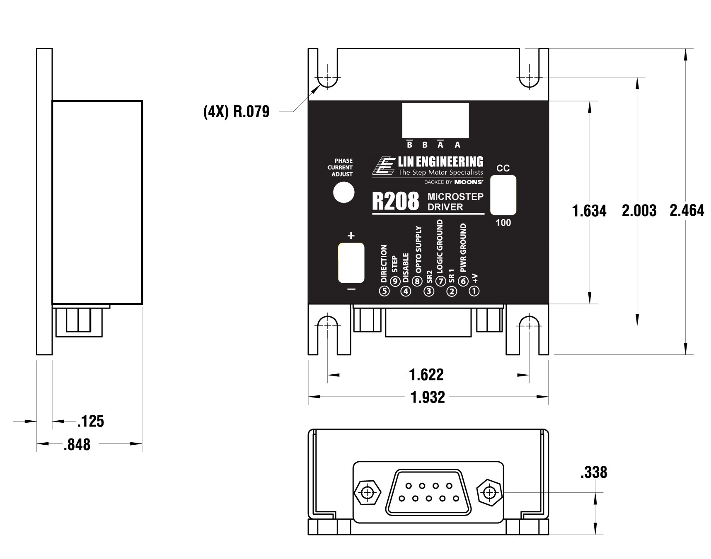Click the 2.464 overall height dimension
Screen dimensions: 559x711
coord(687,210)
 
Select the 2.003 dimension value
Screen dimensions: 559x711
coord(639,210)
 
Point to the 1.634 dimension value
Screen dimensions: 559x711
coord(589,211)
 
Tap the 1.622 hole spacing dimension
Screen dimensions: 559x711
coord(426,375)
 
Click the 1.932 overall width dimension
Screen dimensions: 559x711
coord(428,398)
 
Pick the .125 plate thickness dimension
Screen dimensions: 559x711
coord(91,421)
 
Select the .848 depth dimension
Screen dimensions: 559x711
coord(77,445)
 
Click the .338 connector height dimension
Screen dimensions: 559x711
coord(594,472)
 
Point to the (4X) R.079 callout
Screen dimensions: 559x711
coord(236,111)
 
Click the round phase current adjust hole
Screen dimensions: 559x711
coord(344,193)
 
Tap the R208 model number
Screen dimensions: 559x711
coord(395,202)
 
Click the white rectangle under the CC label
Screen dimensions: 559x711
coord(503,195)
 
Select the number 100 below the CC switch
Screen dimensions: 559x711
coord(503,223)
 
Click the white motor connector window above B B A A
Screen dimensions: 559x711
coord(435,120)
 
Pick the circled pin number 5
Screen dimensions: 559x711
coord(385,291)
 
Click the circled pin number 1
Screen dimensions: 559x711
coord(474,291)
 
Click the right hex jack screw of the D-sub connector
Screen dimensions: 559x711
coord(490,493)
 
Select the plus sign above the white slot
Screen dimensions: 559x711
coord(351,236)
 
